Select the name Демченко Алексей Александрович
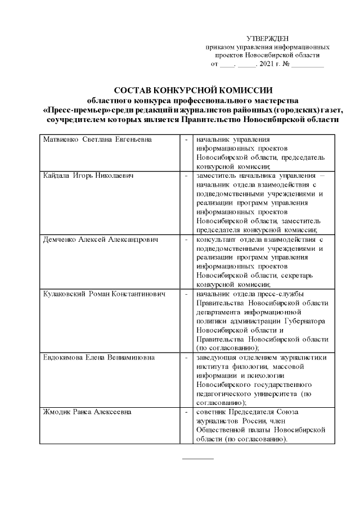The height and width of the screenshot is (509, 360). pos(101,239)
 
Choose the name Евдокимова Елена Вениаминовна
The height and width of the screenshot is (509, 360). pos(100,357)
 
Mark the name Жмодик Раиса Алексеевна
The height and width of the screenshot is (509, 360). pos(87,412)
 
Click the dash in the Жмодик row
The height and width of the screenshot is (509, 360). pos(186,412)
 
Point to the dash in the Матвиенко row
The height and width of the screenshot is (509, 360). pos(186,139)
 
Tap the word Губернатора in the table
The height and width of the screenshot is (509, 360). pos(303,321)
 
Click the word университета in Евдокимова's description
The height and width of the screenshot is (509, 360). pos(275,393)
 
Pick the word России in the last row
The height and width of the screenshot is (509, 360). pos(256,421)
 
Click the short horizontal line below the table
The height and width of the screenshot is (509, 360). pos(198,459)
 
